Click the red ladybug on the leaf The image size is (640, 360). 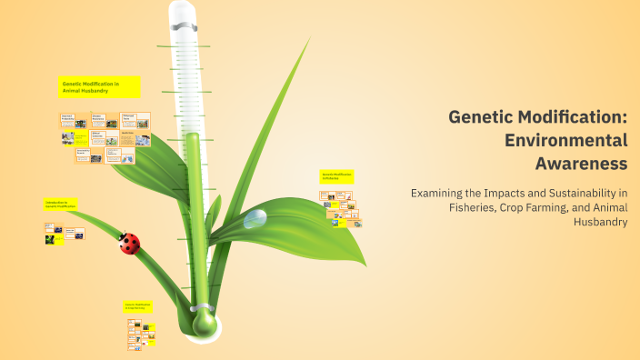point(130,243)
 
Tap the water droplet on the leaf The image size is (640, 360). point(255,217)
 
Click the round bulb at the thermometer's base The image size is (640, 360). point(204,322)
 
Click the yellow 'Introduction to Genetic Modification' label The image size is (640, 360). point(61,205)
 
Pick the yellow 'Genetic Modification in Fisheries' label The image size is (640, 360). point(336,176)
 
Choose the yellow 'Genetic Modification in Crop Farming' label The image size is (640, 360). point(138,307)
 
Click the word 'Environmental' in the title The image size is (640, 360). point(566,140)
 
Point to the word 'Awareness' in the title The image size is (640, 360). point(582,164)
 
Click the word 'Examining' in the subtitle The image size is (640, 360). point(441,193)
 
